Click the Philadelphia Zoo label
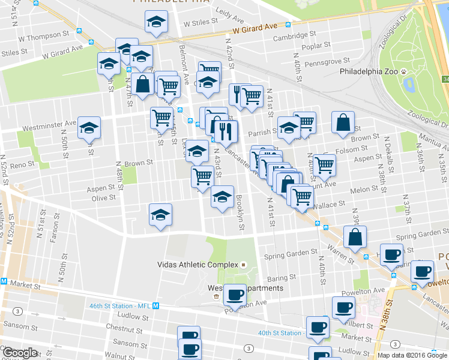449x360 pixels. coord(369,71)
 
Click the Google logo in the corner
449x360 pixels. coord(20,353)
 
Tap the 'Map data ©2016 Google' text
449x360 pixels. coord(413,355)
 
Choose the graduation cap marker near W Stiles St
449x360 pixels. coord(156,22)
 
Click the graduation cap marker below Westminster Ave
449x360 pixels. coord(89,128)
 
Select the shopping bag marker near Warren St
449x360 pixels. coord(355,237)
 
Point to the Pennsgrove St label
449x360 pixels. coord(327,61)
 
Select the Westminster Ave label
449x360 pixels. coord(50,128)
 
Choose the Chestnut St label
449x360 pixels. coord(123,329)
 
